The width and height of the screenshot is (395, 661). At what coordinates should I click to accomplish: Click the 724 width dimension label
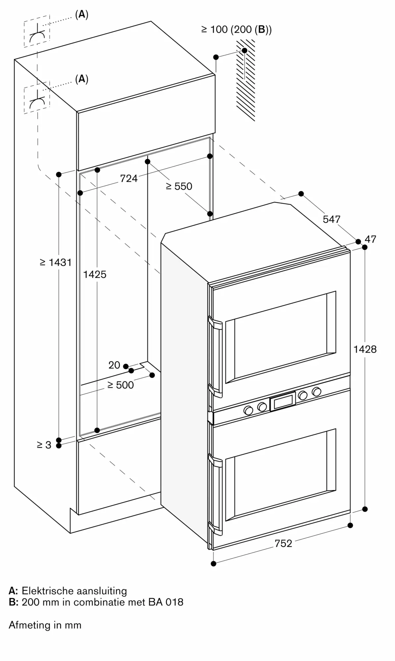pos(128,178)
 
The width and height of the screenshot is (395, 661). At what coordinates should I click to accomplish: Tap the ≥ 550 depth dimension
pos(179,186)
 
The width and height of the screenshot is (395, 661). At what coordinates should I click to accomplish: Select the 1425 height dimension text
pos(95,274)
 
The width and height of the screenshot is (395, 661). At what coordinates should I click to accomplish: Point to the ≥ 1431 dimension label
pos(56,262)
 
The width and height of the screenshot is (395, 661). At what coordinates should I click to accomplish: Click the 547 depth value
pos(331,219)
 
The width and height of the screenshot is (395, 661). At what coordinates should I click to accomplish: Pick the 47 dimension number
pos(370,239)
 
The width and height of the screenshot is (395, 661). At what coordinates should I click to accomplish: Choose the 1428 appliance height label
pos(365,349)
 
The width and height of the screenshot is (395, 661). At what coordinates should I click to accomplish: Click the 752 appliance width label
pos(283,543)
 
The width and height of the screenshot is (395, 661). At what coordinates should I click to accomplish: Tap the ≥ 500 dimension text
pos(121,385)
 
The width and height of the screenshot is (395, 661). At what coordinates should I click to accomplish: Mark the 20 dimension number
pos(114,365)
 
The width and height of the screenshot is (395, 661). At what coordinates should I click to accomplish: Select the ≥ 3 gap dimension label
pos(44,445)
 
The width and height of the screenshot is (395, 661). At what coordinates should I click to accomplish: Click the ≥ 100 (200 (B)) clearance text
pos(236,30)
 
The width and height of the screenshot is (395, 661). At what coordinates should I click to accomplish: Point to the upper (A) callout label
pos(82,15)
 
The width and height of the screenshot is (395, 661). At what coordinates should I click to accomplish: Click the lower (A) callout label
pos(82,79)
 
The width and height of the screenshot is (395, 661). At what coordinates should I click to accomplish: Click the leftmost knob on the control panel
pos(248,410)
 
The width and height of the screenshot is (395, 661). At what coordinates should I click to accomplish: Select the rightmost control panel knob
pos(317,392)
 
